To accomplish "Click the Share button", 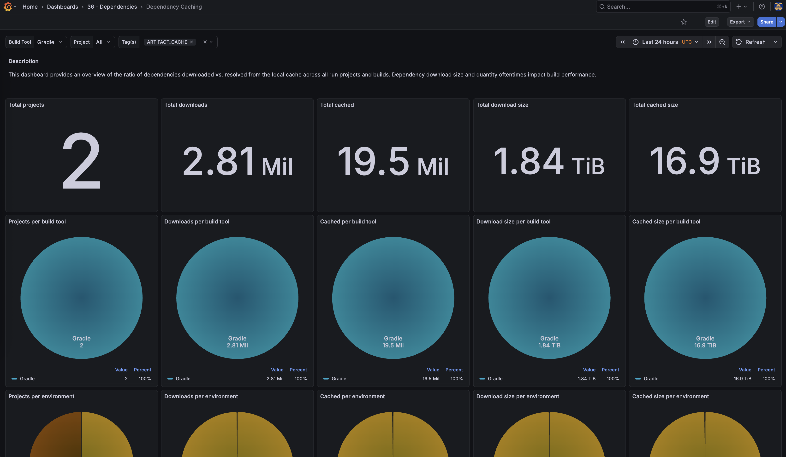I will [x=766, y=22].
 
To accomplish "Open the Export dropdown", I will [x=740, y=22].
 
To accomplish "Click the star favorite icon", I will [x=683, y=22].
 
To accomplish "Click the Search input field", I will [x=658, y=6].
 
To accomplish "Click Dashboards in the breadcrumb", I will [x=62, y=6].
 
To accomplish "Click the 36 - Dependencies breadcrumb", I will [x=112, y=6].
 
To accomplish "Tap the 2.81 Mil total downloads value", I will [x=237, y=161].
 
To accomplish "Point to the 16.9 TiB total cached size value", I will [x=705, y=161].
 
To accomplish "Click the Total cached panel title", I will [x=337, y=105].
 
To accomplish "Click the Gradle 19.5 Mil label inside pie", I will [x=393, y=342].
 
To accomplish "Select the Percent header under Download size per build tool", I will [x=610, y=370].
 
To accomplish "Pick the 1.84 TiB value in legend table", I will [x=586, y=378].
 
